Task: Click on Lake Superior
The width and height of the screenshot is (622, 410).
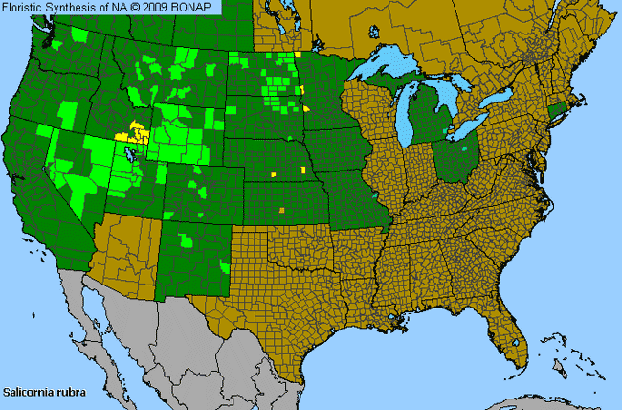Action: [x=388, y=68]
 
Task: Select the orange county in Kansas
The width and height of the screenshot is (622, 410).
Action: [x=281, y=209]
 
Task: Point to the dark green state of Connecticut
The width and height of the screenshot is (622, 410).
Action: [x=559, y=112]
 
